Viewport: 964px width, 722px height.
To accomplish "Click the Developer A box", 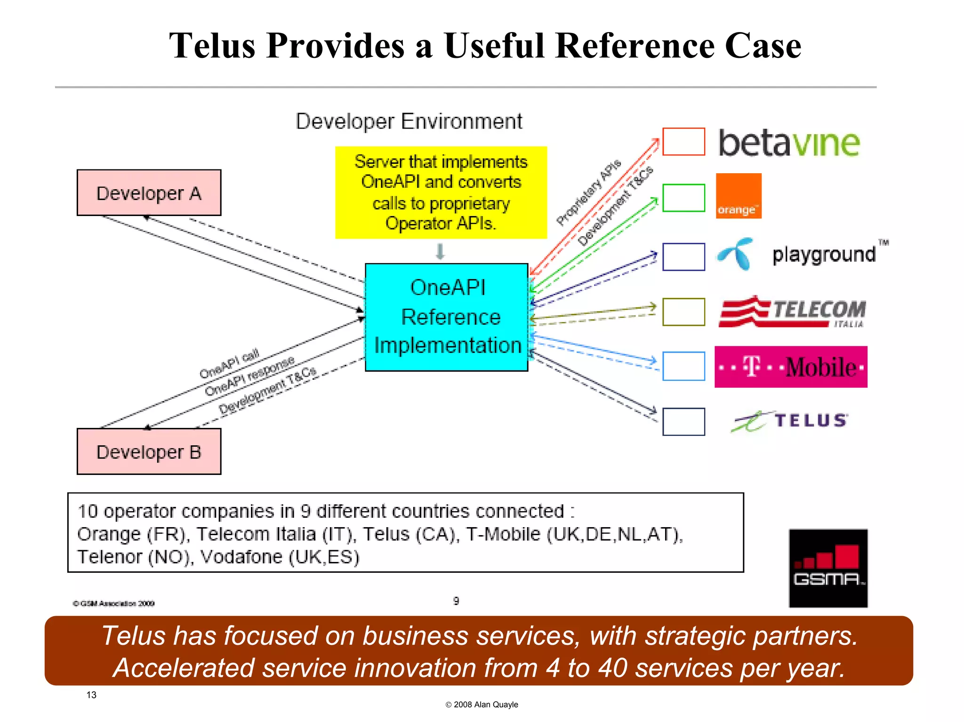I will coord(149,193).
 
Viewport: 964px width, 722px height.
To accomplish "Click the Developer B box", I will coord(149,451).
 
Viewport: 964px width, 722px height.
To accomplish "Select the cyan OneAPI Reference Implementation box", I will coord(447,317).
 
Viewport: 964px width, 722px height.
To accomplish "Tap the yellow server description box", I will coord(441,193).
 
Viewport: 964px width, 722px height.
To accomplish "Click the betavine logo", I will coord(789,143).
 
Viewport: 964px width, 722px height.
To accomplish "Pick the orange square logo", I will coord(738,196).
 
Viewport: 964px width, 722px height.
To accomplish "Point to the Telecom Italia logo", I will coord(793,312).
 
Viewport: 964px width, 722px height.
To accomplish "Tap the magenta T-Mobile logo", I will coord(790,367).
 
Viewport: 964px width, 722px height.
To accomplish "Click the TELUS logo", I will coord(791,420).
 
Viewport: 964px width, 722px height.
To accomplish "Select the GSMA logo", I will coord(828,568).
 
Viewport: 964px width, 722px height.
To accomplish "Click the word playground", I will coord(824,255).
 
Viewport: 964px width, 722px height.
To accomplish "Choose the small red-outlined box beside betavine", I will coord(683,142).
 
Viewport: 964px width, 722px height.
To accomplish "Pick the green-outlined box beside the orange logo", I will coord(683,198).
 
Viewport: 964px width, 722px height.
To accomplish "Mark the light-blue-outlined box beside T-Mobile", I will coord(683,366).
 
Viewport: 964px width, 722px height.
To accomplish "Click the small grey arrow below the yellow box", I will coord(440,251).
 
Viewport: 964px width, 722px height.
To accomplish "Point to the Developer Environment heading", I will coord(409,121).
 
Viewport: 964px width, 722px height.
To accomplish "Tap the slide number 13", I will coord(91,695).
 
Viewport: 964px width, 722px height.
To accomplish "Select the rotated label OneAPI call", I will coord(229,363).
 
